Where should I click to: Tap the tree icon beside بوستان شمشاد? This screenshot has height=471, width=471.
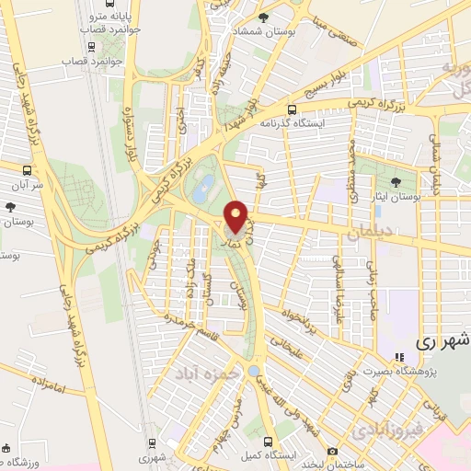pyautogui.click(x=265, y=17)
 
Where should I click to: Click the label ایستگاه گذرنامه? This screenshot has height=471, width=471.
pyautogui.click(x=289, y=121)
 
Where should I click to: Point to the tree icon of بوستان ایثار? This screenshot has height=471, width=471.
pyautogui.click(x=395, y=181)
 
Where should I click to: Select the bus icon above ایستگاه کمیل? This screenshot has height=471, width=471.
pyautogui.click(x=266, y=440)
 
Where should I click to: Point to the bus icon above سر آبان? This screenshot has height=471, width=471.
pyautogui.click(x=28, y=170)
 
